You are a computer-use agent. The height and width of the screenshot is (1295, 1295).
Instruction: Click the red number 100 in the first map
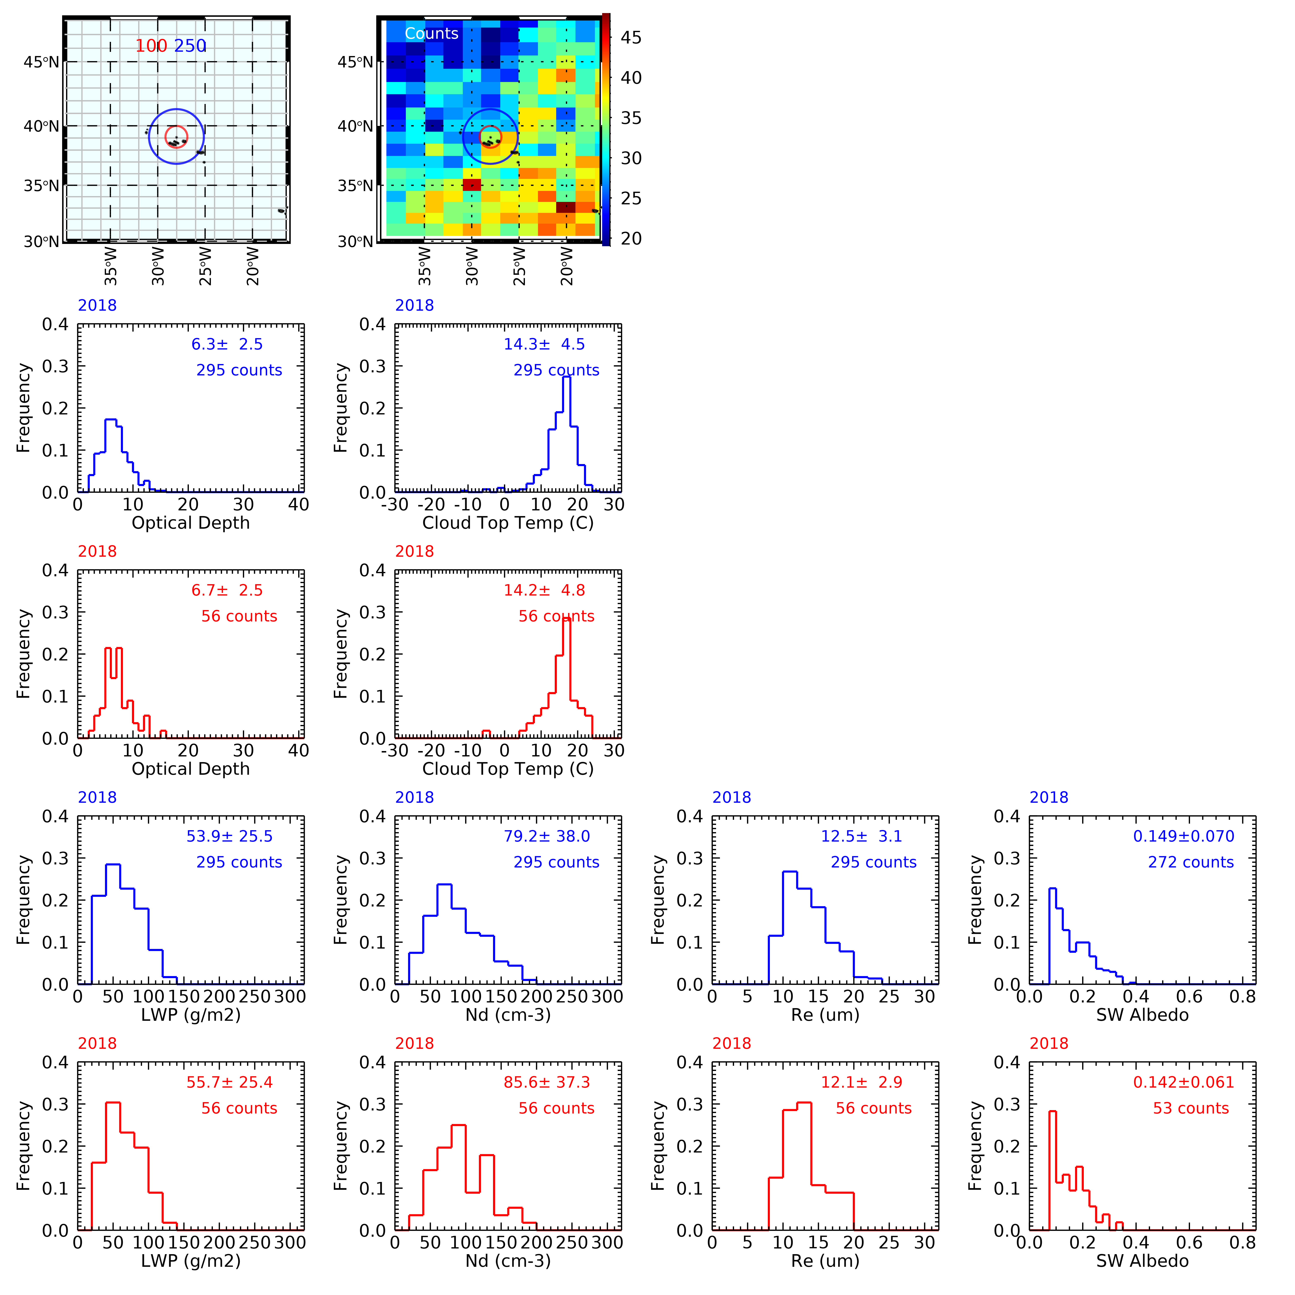pos(152,46)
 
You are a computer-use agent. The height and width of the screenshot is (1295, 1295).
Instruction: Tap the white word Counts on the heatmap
pos(432,34)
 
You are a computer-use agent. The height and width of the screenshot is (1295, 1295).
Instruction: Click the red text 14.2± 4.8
pos(544,591)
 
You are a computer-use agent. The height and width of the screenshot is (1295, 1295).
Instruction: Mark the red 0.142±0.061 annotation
pos(1183,1083)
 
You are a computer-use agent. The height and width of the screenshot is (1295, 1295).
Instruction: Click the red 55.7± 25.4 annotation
pos(229,1083)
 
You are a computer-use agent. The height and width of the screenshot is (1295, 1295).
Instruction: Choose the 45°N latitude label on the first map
pos(42,62)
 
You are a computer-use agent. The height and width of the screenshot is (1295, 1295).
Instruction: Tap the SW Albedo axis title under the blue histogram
pos(1142,1015)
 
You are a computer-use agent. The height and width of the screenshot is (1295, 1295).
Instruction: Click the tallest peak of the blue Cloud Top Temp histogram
pos(566,377)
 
